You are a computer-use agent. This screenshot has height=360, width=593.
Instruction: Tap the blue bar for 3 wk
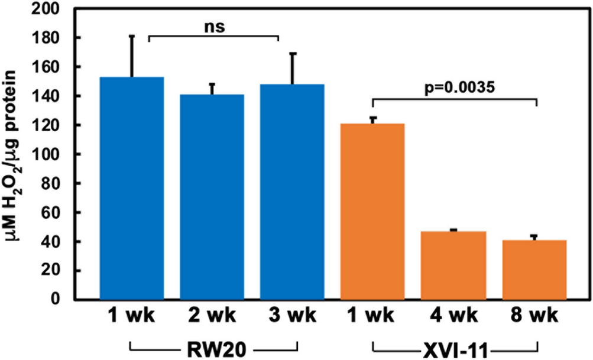point(293,192)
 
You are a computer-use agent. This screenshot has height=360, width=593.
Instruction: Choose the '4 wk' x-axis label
point(453,317)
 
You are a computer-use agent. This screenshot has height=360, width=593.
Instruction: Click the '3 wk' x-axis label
point(293,317)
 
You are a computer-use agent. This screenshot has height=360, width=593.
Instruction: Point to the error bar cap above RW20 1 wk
point(132,36)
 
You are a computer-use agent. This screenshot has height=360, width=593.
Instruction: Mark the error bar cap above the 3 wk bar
point(293,53)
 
